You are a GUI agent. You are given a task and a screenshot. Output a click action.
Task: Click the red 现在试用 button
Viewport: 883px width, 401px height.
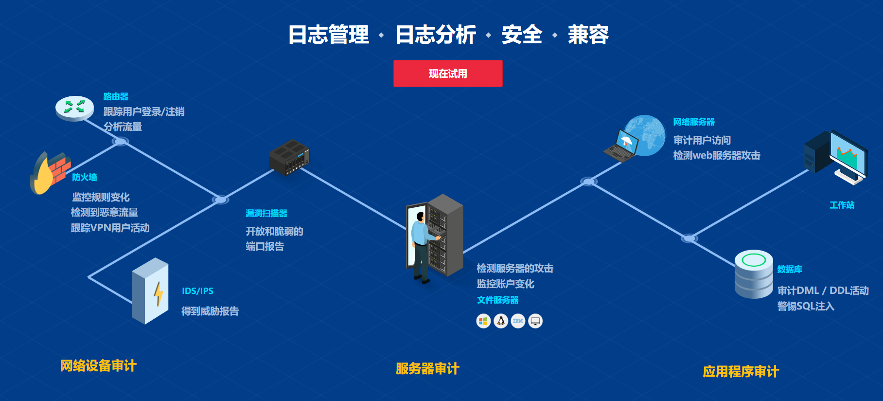tap(448, 73)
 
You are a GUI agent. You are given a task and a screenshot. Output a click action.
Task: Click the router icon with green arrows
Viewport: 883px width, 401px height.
tap(74, 107)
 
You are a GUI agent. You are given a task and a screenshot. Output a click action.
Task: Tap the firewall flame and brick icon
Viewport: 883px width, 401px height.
tap(50, 172)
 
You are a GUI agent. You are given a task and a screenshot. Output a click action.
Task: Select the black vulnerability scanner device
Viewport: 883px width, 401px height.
tap(289, 157)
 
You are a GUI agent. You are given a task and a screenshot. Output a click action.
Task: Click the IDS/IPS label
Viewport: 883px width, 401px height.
tap(197, 291)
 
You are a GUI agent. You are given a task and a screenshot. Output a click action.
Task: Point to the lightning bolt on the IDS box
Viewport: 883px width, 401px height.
tap(159, 293)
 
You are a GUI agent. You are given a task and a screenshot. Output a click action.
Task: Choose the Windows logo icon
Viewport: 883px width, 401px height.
tap(483, 321)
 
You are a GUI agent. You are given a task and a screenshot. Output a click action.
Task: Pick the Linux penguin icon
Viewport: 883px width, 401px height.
tap(501, 321)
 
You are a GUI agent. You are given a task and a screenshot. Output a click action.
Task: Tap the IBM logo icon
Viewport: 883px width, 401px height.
tap(518, 321)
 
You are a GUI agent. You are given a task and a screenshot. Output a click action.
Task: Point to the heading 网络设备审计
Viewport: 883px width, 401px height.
tap(98, 366)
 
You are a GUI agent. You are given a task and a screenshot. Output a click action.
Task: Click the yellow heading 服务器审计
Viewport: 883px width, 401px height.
tap(427, 369)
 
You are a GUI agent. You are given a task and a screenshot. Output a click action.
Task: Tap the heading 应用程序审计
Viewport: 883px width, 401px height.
tap(741, 372)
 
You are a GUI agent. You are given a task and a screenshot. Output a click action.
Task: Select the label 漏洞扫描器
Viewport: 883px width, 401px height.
tap(266, 213)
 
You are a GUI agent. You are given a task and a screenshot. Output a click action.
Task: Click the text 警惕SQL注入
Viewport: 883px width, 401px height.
tap(806, 306)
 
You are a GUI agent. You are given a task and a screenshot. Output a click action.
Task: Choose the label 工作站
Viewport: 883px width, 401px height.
tap(842, 205)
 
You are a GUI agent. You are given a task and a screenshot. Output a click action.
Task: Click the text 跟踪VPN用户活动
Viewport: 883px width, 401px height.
tap(110, 228)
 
